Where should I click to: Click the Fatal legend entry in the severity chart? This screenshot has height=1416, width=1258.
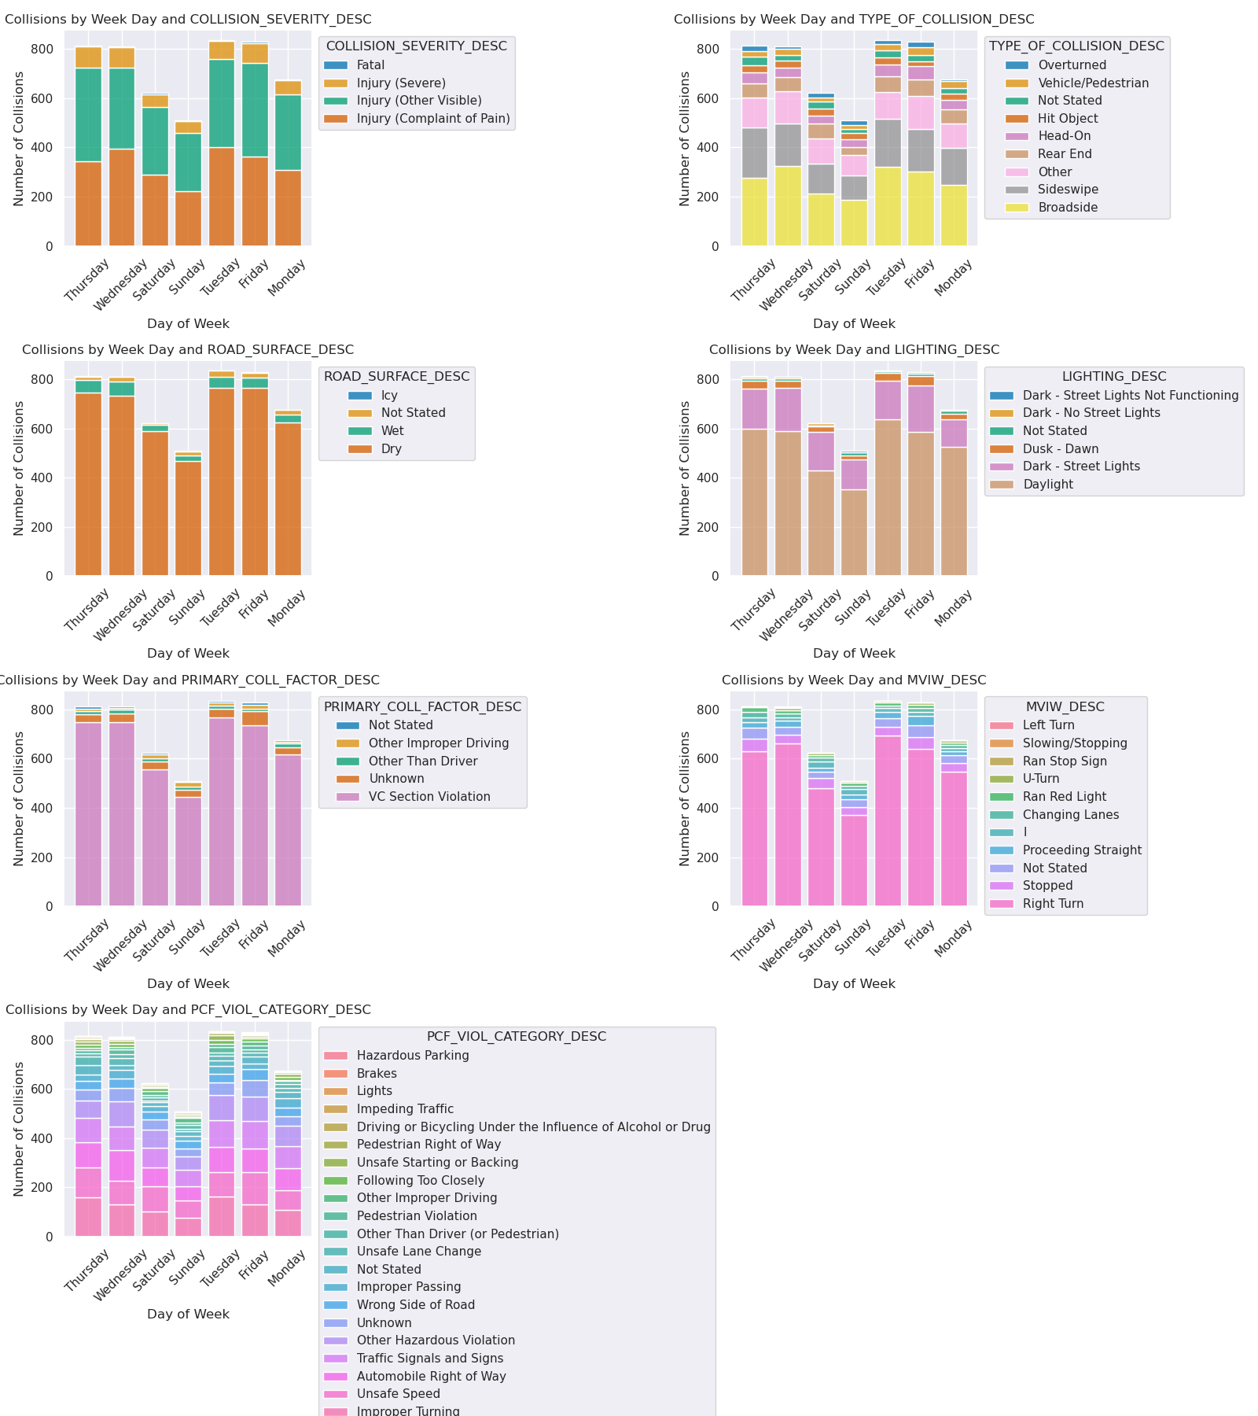click(x=370, y=65)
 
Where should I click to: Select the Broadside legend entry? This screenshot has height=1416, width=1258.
click(x=1067, y=208)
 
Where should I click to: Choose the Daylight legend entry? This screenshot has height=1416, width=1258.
click(x=1047, y=485)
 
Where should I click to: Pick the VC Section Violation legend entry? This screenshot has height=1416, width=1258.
click(x=429, y=797)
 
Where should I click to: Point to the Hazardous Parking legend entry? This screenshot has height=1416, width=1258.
click(x=412, y=1056)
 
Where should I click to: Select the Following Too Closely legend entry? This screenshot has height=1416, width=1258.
click(x=420, y=1181)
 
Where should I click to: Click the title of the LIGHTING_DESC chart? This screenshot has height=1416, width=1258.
click(x=854, y=350)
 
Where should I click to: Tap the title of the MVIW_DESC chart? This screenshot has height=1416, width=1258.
click(x=854, y=680)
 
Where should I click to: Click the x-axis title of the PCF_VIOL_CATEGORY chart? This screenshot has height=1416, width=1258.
click(x=188, y=1315)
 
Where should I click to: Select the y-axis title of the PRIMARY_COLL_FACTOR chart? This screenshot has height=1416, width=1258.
click(x=19, y=798)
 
